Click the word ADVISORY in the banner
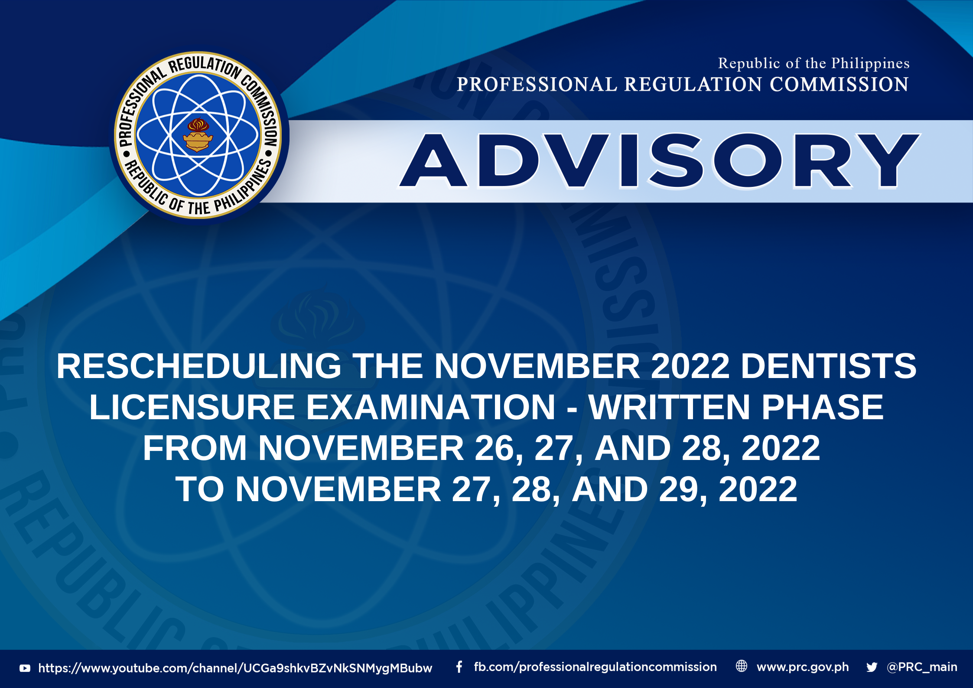click(659, 160)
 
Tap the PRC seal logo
click(198, 135)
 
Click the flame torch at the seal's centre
click(198, 135)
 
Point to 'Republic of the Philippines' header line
click(814, 64)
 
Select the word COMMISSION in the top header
click(839, 84)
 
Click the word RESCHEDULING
click(199, 366)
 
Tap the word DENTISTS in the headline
click(828, 366)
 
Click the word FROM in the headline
click(195, 448)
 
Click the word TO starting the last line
click(200, 489)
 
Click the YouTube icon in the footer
click(25, 668)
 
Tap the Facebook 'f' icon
click(459, 667)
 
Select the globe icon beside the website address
click(742, 666)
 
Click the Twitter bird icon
click(872, 667)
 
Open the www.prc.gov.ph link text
click(803, 667)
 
